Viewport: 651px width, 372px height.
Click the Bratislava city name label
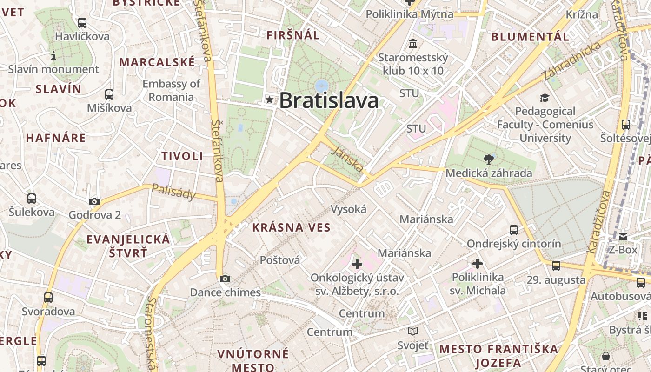(x=329, y=100)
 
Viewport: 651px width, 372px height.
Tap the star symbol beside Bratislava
(x=269, y=100)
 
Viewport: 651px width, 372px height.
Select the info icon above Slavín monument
(x=53, y=56)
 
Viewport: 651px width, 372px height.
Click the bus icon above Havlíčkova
(x=82, y=22)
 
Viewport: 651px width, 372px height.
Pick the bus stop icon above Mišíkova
(x=109, y=94)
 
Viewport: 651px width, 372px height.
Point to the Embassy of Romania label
(x=171, y=90)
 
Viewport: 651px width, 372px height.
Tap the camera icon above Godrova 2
(x=94, y=201)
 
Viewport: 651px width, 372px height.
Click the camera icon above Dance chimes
(x=225, y=279)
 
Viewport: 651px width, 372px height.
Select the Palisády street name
(x=174, y=192)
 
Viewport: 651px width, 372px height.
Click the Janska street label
(x=348, y=159)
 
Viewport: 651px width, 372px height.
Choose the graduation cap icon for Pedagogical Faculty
(x=545, y=98)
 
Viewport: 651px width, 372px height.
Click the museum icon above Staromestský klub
(x=412, y=44)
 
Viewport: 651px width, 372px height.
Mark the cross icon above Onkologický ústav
(x=357, y=264)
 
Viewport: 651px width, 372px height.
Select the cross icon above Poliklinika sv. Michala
(x=477, y=264)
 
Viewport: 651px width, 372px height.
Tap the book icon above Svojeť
(x=413, y=332)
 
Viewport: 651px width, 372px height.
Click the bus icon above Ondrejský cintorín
(x=514, y=230)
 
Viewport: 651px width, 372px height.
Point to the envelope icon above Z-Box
(x=623, y=237)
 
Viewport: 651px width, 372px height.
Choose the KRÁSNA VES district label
(x=291, y=228)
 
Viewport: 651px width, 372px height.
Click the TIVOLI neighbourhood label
(x=182, y=156)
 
